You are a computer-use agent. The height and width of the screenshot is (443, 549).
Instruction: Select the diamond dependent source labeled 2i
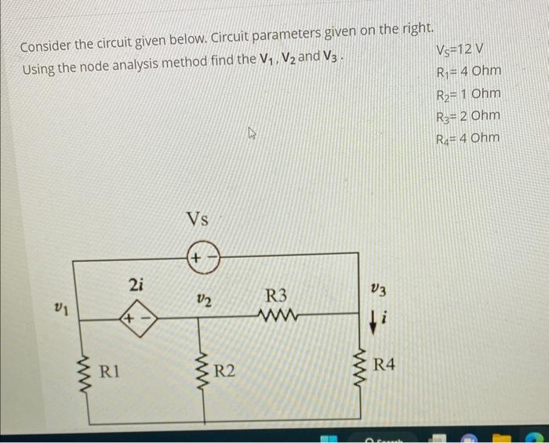click(138, 319)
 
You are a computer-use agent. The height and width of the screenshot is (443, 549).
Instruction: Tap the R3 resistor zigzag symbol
click(276, 318)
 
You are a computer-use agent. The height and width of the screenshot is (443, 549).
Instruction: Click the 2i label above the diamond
click(135, 287)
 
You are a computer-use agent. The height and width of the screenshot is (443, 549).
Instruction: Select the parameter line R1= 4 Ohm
click(467, 73)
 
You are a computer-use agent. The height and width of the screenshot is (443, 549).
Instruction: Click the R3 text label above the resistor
click(276, 296)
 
